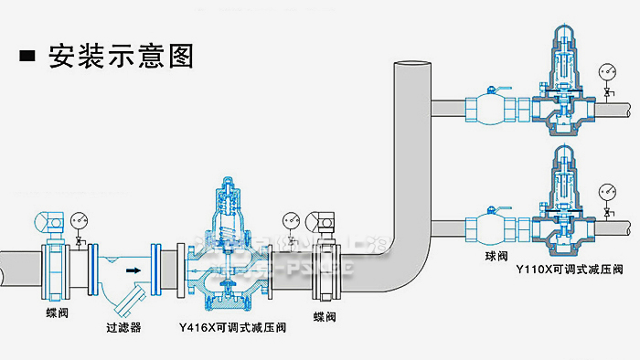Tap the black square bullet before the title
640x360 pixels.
pos(28,57)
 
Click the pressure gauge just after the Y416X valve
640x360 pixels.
pos(291,221)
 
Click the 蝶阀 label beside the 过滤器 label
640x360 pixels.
pos(56,312)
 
